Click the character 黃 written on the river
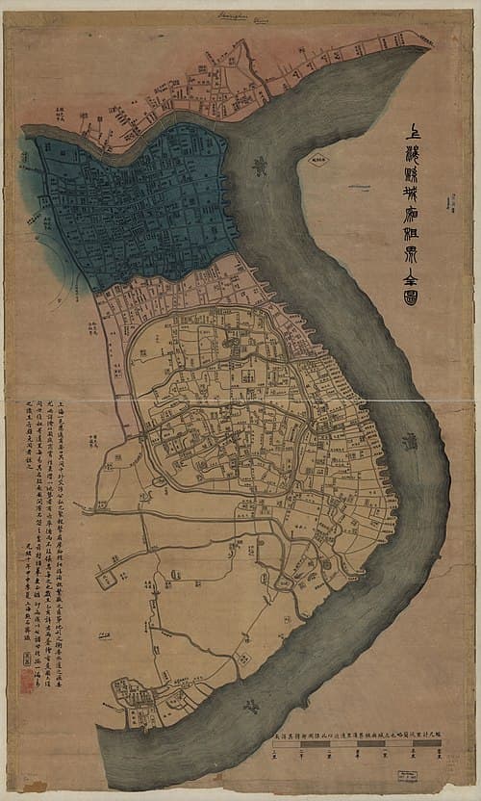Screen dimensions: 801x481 (259, 166)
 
